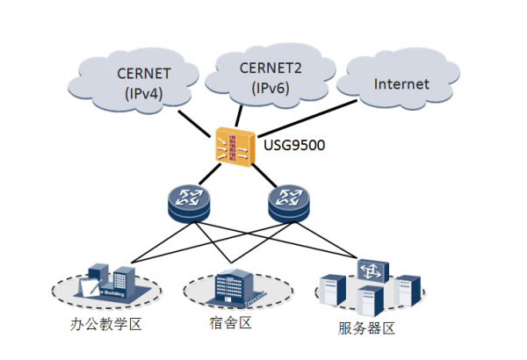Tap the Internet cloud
point(401,84)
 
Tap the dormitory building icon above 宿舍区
point(233,286)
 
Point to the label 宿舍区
point(234,324)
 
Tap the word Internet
point(401,85)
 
